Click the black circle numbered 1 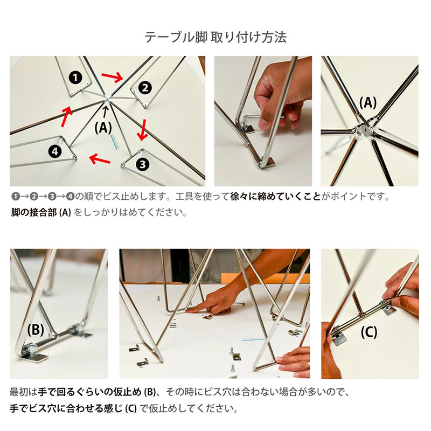(75, 78)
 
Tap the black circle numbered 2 (145, 88)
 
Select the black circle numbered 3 (142, 164)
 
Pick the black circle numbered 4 (55, 151)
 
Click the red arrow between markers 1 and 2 (113, 77)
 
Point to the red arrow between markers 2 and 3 (143, 129)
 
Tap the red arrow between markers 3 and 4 (100, 159)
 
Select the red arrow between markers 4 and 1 (66, 116)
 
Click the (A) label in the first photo (103, 128)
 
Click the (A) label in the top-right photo (368, 103)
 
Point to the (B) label (36, 329)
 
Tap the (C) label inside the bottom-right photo (369, 332)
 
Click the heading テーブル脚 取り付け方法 (215, 37)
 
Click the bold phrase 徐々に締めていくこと (275, 197)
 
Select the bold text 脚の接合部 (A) (41, 212)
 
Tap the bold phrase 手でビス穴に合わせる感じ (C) (73, 408)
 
